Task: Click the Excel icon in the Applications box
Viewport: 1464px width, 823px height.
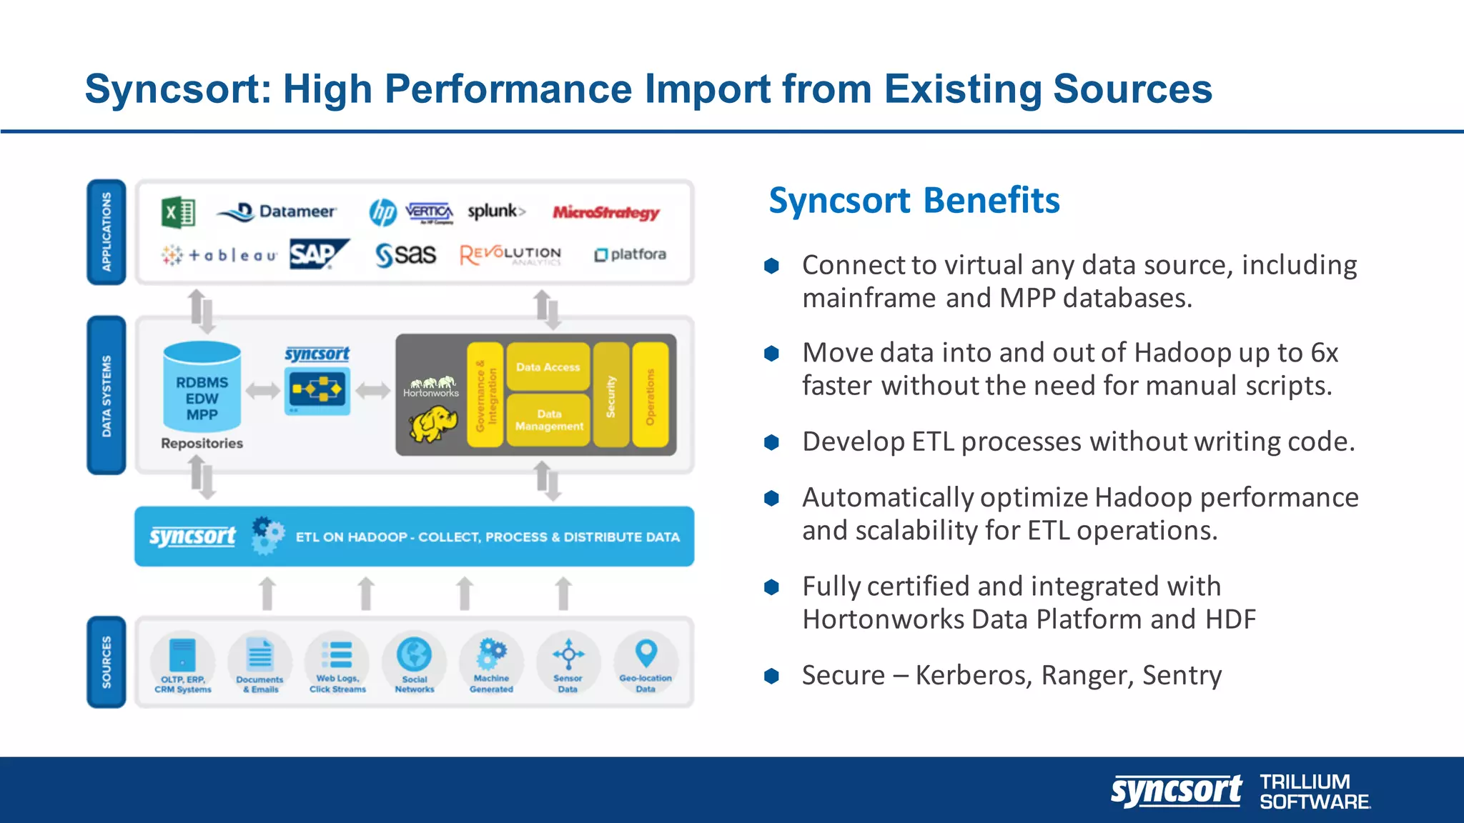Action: (179, 212)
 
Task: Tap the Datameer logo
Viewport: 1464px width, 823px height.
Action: (277, 212)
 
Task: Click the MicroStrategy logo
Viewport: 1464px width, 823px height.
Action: (605, 212)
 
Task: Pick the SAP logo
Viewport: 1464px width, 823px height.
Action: (317, 254)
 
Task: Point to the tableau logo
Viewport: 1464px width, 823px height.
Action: (219, 255)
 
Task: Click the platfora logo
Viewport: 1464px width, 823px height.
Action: (630, 254)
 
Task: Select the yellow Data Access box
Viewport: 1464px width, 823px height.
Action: (548, 367)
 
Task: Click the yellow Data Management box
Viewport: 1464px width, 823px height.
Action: (549, 420)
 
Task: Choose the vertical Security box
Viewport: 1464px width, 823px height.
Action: (611, 395)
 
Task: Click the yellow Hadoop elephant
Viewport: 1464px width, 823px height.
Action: (433, 424)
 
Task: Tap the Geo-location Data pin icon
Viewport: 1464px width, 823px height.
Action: (646, 652)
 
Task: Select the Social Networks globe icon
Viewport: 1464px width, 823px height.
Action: (415, 653)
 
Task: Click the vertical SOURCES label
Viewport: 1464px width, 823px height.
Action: (107, 662)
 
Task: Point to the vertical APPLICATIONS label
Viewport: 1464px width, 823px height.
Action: (107, 231)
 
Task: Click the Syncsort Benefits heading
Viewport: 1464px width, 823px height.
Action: (914, 201)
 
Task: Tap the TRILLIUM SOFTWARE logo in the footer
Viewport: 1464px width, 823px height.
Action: (1314, 792)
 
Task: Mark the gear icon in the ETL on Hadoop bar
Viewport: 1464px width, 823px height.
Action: (267, 536)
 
